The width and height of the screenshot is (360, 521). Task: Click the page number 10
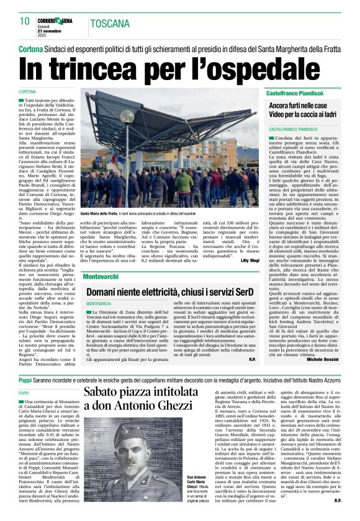(x=24, y=21)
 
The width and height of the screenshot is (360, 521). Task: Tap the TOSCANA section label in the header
(x=110, y=24)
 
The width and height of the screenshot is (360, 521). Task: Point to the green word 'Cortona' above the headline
(x=30, y=48)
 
